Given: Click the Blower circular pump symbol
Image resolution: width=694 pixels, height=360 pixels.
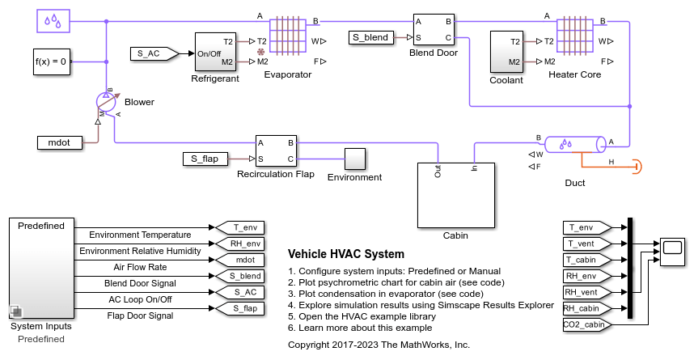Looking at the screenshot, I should (104, 102).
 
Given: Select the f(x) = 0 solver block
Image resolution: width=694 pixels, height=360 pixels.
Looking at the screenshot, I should (50, 61).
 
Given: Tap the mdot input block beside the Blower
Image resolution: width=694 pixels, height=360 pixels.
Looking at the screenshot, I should (59, 143).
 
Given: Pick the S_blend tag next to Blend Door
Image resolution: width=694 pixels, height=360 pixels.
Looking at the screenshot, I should (370, 37).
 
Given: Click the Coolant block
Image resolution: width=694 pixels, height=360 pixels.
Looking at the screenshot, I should (506, 51).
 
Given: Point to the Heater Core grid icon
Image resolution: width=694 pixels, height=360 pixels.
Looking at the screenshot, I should (574, 37).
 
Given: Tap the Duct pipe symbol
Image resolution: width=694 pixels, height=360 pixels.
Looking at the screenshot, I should (574, 144).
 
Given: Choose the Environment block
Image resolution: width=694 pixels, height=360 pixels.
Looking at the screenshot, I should (355, 159).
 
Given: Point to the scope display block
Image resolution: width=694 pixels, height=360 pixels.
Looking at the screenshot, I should (672, 252).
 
